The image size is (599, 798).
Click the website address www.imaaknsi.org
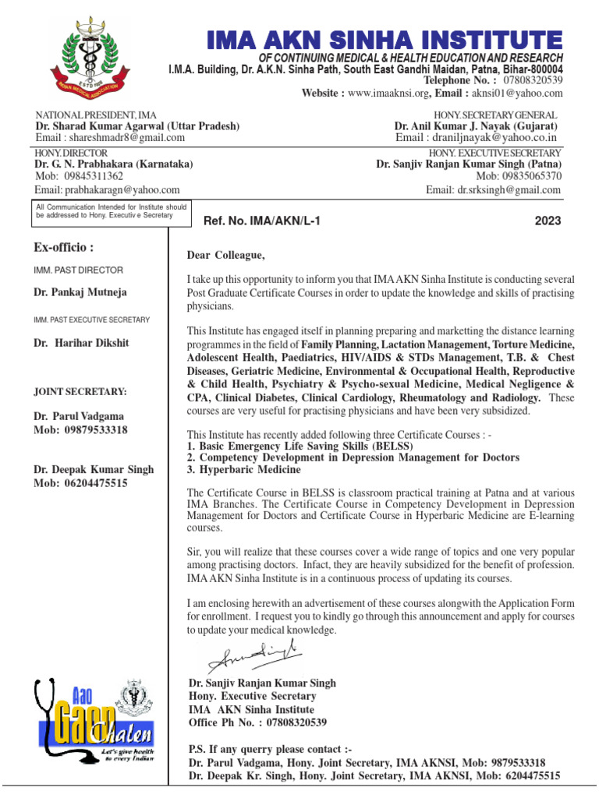pyautogui.click(x=388, y=93)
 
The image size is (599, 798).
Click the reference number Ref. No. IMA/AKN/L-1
pyautogui.click(x=261, y=221)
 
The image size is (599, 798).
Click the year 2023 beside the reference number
pyautogui.click(x=548, y=221)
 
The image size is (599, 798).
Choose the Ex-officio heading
pyautogui.click(x=64, y=248)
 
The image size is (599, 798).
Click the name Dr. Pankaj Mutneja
pyautogui.click(x=80, y=292)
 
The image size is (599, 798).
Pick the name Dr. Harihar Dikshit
pyautogui.click(x=80, y=342)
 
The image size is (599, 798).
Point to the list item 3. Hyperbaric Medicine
pyautogui.click(x=244, y=470)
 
